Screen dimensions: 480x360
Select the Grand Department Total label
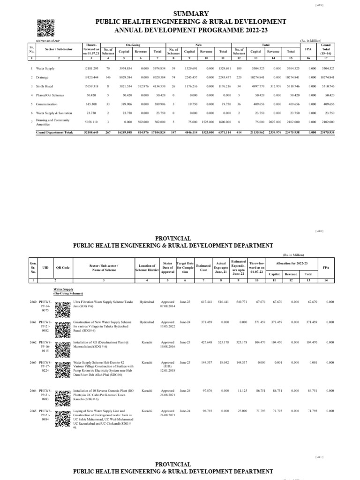pyautogui.click(x=54, y=133)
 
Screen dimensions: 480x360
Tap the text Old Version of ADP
pyautogui.click(x=46, y=40)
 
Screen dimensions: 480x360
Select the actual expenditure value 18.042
pyautogui.click(x=221, y=363)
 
